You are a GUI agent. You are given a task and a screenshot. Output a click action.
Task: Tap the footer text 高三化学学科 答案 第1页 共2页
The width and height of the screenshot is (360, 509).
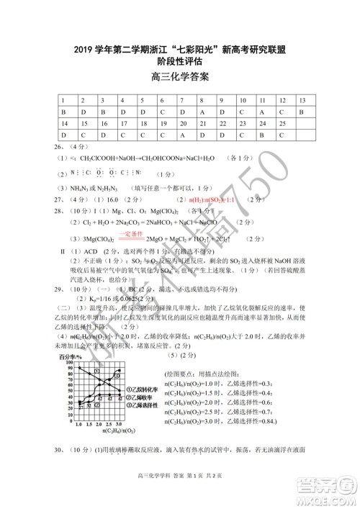coord(180,489)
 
